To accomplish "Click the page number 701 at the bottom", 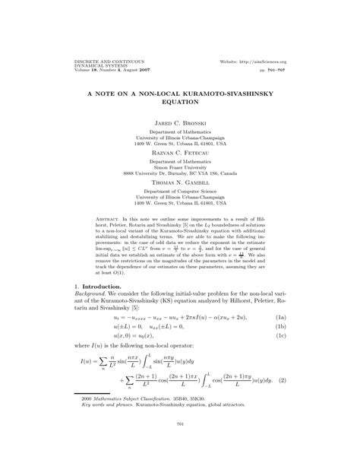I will coord(180,445).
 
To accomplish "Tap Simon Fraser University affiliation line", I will coord(180,167).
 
